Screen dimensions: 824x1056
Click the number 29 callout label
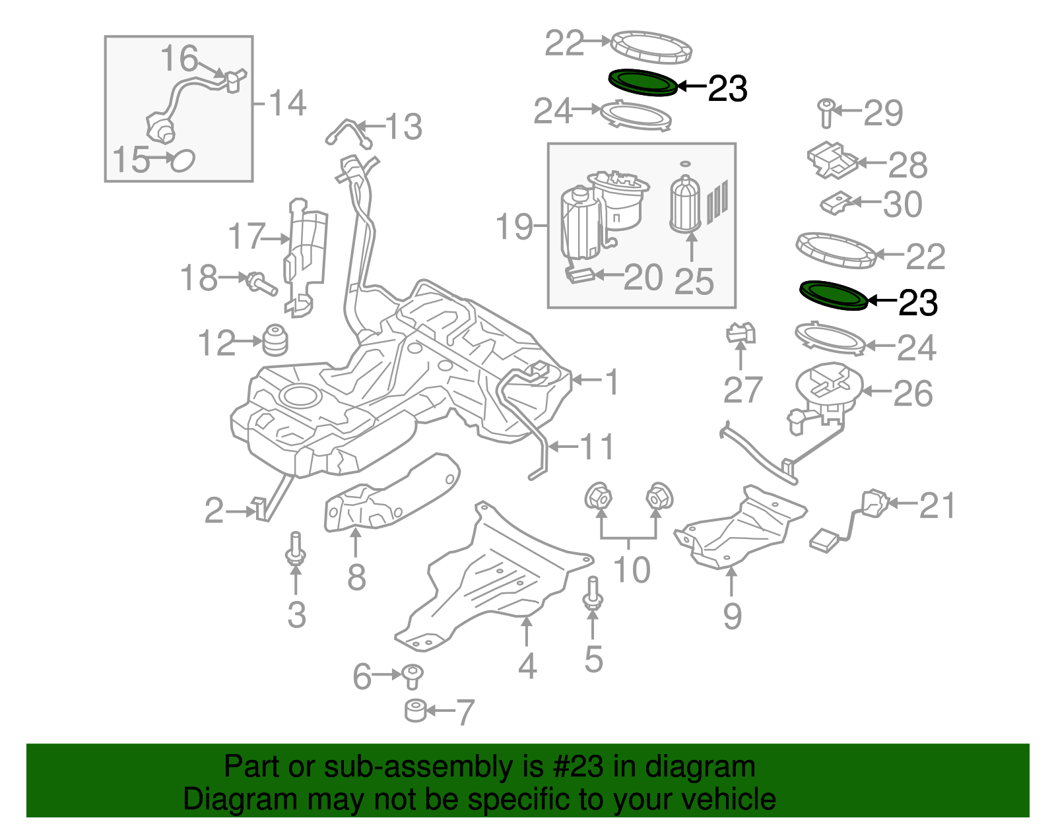pos(883,113)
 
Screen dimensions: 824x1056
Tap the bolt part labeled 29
pos(826,113)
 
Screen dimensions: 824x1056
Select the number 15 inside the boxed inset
pos(131,160)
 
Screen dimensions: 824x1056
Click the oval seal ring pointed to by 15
pos(182,160)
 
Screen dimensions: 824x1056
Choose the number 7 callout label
pos(465,713)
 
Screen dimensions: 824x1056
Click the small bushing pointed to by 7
pos(415,711)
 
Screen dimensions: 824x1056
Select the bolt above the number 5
pos(593,594)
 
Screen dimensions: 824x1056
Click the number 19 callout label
pos(514,227)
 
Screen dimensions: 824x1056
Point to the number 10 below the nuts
pos(632,569)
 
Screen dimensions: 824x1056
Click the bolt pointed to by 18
pos(261,284)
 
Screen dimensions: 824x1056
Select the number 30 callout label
pos(902,205)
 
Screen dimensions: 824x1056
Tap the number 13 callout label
pos(403,127)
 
